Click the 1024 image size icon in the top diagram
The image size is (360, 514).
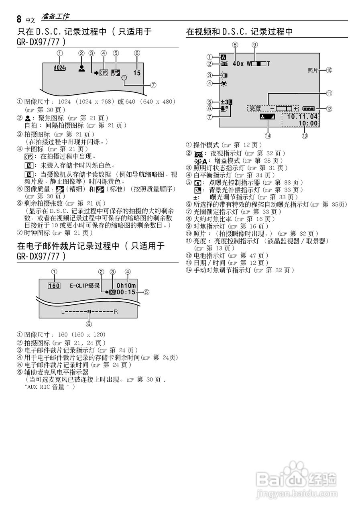(59, 69)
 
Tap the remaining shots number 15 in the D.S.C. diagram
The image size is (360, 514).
(137, 73)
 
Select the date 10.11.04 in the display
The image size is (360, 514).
(302, 116)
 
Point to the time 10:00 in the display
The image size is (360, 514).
(309, 123)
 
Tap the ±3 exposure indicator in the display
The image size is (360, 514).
(226, 102)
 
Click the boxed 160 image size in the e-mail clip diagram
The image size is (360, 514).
(54, 286)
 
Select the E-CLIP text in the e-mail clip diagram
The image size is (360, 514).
(78, 286)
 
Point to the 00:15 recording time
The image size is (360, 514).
(126, 292)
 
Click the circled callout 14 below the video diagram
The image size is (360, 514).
(268, 136)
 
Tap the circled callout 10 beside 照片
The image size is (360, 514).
(329, 70)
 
